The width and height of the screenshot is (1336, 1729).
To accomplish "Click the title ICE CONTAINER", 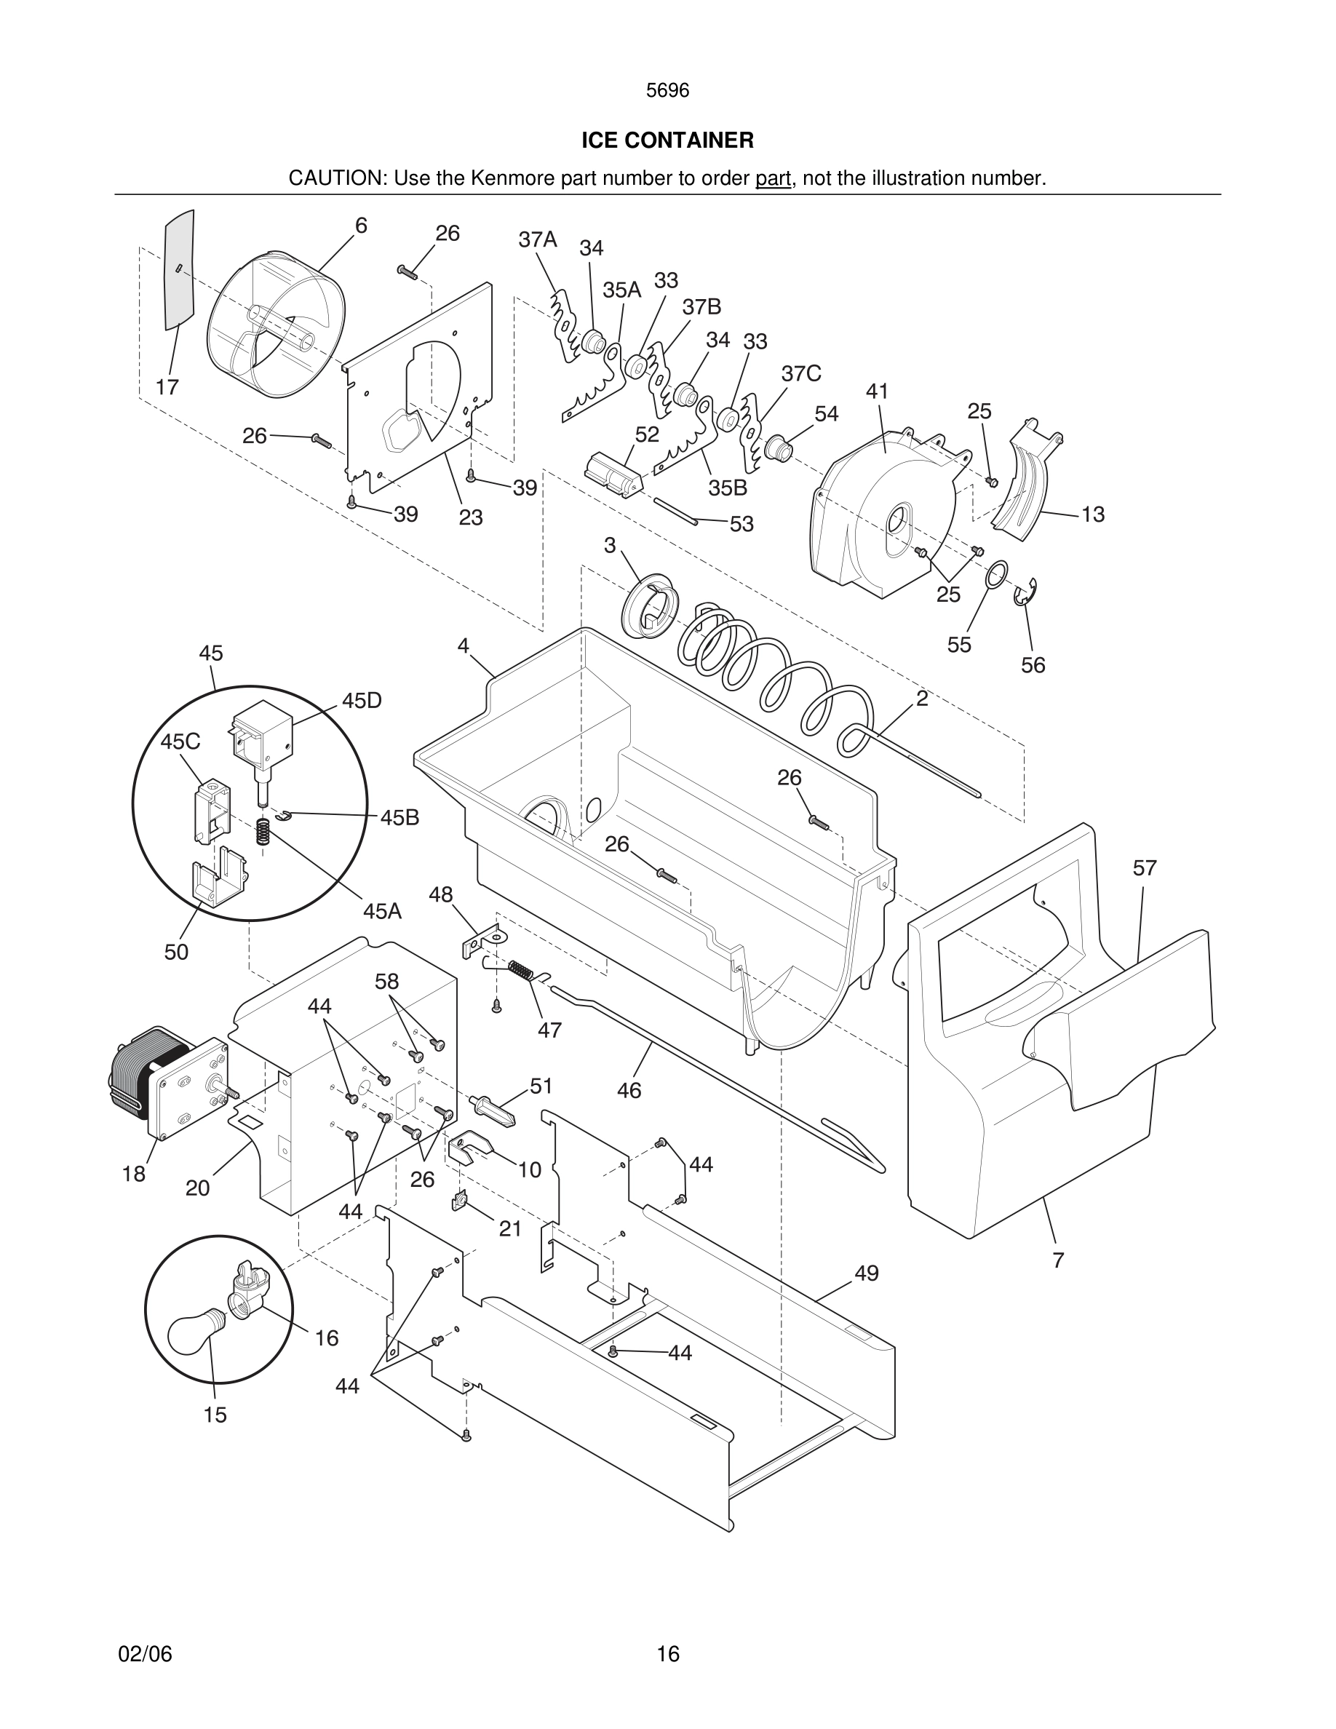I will pos(667,140).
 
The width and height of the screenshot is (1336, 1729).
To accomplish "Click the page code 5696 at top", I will pos(667,90).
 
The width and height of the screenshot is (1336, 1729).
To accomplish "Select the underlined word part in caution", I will pos(773,178).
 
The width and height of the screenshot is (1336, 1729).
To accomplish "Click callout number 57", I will pos(1145,868).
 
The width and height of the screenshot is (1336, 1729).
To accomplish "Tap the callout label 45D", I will pos(362,701).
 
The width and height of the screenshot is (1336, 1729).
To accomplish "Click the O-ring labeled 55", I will pos(996,575).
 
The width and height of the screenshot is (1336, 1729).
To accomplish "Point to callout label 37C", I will pos(801,373).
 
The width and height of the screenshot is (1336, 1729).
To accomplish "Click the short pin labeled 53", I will pos(675,511).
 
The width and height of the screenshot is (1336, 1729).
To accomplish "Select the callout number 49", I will pos(867,1273).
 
